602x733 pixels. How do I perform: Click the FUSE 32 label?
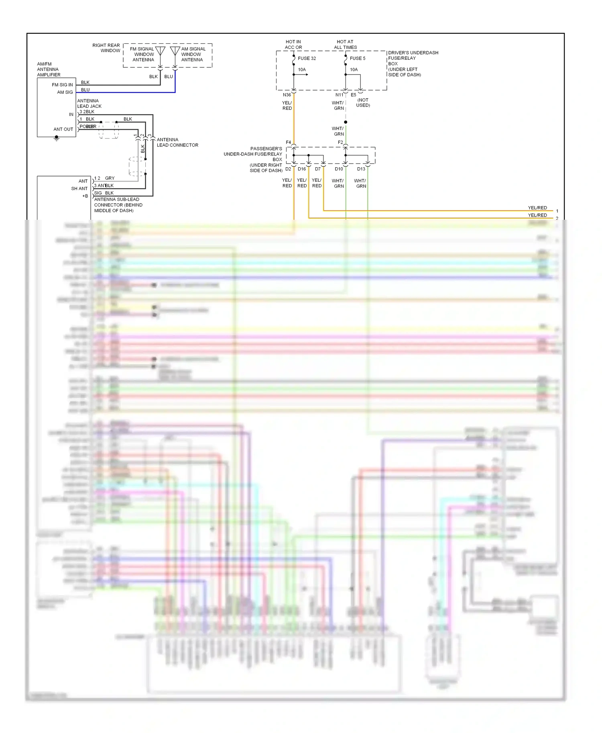click(307, 58)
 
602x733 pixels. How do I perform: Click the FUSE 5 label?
click(357, 58)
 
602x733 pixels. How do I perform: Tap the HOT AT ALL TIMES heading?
click(345, 45)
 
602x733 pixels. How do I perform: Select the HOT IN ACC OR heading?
click(293, 45)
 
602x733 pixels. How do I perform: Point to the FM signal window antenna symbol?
click(160, 52)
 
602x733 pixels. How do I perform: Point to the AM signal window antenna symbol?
click(175, 52)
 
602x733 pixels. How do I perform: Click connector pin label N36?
click(287, 95)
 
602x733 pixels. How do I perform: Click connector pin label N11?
click(339, 95)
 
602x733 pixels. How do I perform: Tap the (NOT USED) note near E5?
click(363, 103)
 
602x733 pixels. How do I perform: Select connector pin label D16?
click(302, 169)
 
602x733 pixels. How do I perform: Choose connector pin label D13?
click(361, 169)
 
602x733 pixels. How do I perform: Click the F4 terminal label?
click(288, 142)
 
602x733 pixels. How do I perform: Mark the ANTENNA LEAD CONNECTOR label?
click(177, 142)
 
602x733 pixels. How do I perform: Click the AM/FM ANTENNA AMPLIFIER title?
click(49, 69)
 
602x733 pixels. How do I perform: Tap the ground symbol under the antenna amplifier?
click(57, 139)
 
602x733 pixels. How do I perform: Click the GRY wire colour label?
click(110, 178)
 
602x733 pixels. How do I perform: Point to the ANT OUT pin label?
click(63, 129)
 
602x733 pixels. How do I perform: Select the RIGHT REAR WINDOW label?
click(106, 48)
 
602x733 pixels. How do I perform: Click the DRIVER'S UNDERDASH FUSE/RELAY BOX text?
click(413, 64)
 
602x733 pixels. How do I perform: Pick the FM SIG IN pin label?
click(62, 85)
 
